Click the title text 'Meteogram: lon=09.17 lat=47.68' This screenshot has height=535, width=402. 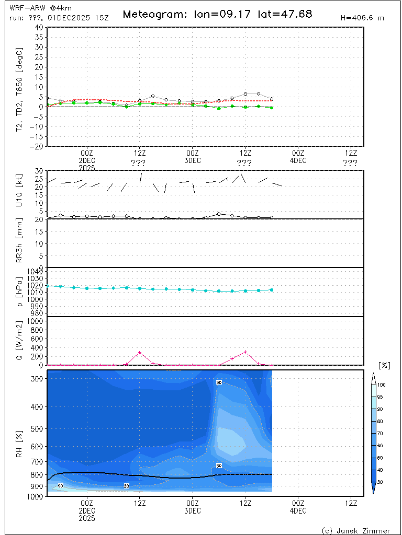pos(217,14)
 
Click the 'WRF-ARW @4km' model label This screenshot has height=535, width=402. pos(33,8)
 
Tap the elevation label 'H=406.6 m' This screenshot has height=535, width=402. pos(362,18)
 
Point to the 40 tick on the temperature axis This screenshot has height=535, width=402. pos(39,27)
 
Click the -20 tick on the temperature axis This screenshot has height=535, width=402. pos(37,147)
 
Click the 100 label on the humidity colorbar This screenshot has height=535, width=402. pos(382,385)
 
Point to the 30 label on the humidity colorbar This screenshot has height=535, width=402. pos(382,482)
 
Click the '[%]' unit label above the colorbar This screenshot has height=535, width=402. pos(384,365)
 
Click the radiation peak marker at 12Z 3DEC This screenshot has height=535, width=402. pos(245,352)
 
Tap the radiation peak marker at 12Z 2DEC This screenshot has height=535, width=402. pos(140,353)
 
